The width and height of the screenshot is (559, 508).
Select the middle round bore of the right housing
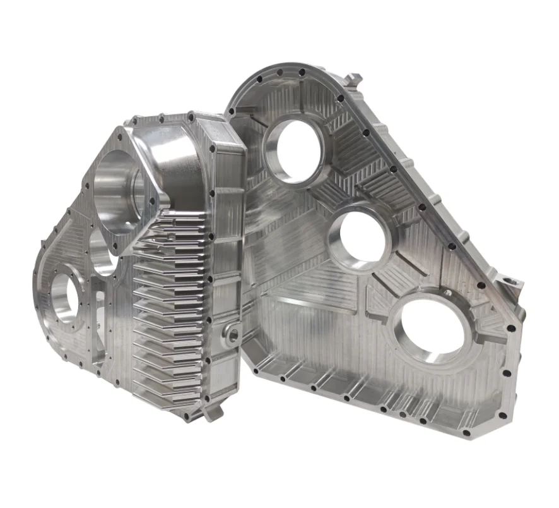click(360, 238)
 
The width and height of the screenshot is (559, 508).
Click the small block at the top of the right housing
click(355, 80)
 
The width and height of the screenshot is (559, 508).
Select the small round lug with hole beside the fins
click(232, 334)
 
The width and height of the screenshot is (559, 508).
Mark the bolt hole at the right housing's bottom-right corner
click(466, 433)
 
